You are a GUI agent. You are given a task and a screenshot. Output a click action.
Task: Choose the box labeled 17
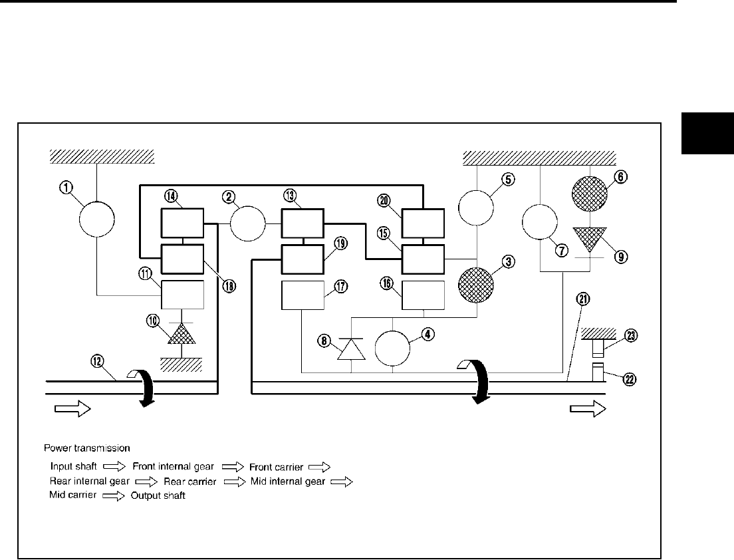[x=303, y=296]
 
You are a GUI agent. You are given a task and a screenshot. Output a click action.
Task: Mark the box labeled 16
[x=424, y=295]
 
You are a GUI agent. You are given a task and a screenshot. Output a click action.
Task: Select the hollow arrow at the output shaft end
[x=588, y=410]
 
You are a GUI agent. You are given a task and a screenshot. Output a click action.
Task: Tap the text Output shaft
[x=158, y=496]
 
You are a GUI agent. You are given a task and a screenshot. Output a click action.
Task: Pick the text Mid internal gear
[x=288, y=482]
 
